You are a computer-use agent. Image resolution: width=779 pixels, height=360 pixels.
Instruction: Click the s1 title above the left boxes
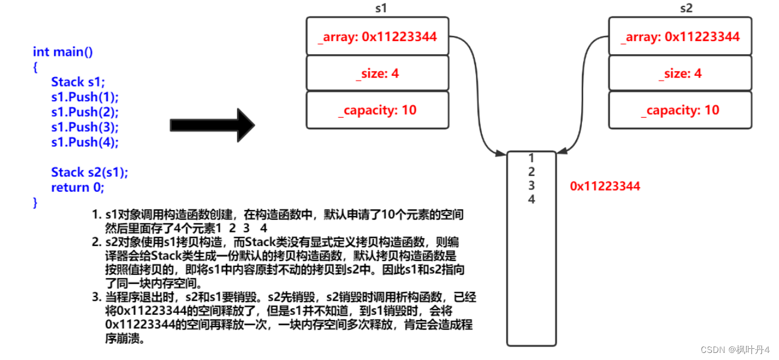381,9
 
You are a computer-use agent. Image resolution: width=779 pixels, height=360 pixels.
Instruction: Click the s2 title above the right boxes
686,9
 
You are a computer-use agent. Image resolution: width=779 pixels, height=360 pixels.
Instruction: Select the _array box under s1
377,37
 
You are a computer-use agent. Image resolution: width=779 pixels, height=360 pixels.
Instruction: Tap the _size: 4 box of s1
377,74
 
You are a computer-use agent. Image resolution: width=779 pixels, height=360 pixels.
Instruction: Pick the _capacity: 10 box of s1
377,110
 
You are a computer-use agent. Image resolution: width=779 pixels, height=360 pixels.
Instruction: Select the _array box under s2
680,37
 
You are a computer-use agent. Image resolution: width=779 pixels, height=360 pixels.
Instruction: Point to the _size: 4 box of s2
680,74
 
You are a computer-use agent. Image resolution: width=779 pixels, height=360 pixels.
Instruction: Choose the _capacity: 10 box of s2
680,110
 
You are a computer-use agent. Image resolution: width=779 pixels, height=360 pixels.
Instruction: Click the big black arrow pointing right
212,125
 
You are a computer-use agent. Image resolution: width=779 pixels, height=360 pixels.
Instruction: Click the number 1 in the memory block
531,158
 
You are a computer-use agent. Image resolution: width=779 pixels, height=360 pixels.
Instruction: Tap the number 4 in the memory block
531,199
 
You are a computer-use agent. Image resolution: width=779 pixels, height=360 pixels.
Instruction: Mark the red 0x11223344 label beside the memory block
605,186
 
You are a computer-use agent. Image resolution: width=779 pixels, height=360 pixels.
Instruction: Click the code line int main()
63,52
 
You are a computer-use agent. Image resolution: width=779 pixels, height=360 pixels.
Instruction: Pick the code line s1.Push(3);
85,127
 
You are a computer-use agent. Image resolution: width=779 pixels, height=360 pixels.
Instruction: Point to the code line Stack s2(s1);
89,172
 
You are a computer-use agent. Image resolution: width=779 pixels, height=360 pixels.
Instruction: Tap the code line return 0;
78,188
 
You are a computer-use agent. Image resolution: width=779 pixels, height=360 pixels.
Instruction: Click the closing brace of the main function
35,202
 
